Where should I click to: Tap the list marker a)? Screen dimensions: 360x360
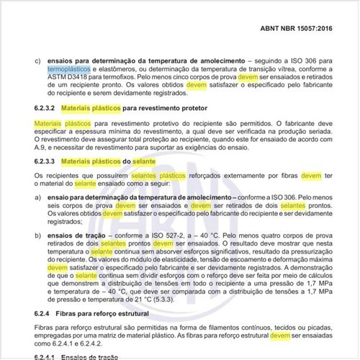pyautogui.click(x=38, y=196)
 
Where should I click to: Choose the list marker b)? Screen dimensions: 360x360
pyautogui.click(x=38, y=236)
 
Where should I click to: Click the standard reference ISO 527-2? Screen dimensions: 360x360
pyautogui.click(x=151, y=236)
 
